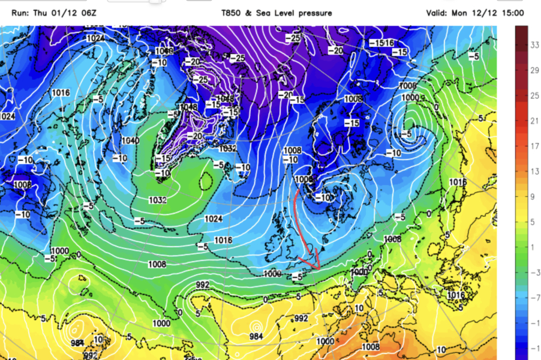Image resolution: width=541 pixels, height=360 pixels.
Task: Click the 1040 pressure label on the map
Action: [130, 140]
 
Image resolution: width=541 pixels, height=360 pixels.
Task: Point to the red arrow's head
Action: [317, 266]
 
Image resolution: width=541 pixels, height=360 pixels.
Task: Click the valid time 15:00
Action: [511, 13]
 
